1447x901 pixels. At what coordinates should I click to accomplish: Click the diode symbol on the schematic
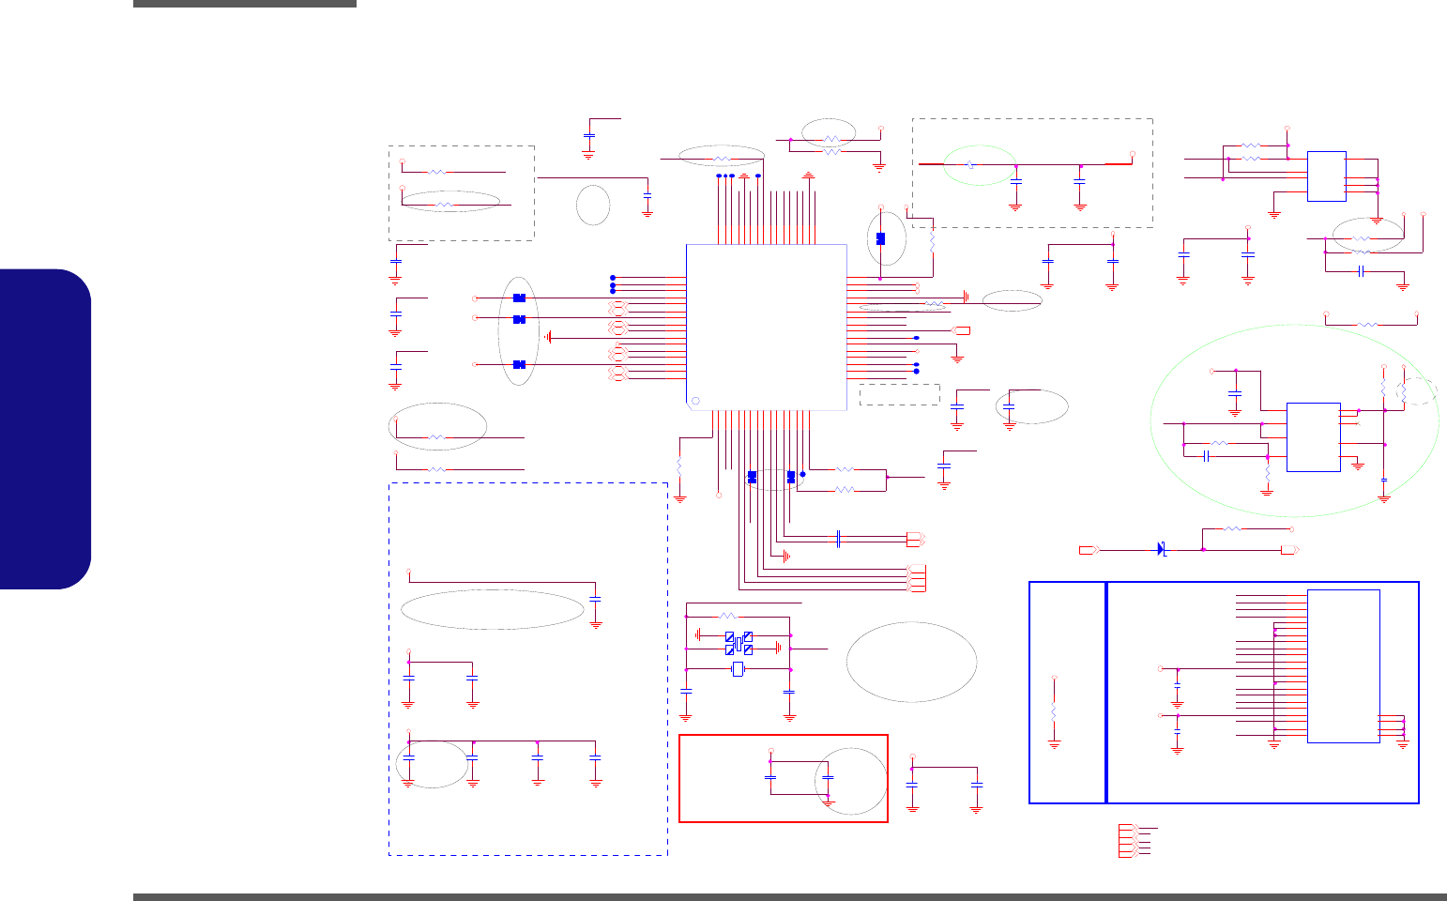click(x=1162, y=548)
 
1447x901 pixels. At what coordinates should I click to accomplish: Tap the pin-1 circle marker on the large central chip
click(x=695, y=402)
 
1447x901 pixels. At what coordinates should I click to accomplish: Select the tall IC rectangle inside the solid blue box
click(x=1343, y=665)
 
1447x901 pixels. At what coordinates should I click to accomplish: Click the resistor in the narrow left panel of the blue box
click(x=1055, y=712)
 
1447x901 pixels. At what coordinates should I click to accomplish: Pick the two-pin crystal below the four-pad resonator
click(x=738, y=669)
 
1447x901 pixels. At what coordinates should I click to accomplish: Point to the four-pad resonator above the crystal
click(x=739, y=644)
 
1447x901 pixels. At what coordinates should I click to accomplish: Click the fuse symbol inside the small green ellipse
click(x=970, y=164)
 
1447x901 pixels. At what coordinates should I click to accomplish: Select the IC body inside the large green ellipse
click(x=1313, y=436)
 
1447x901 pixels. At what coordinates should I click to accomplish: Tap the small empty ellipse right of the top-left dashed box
click(x=592, y=205)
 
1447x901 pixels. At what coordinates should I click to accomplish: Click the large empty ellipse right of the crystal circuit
click(x=911, y=661)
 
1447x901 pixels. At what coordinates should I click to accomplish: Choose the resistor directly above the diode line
click(x=1233, y=529)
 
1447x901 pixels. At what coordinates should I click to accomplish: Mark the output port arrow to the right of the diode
click(x=1290, y=549)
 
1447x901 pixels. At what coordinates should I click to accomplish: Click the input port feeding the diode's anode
click(x=1088, y=548)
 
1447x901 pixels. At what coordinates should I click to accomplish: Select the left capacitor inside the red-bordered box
click(x=770, y=777)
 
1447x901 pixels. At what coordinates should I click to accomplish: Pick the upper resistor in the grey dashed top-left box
click(x=437, y=172)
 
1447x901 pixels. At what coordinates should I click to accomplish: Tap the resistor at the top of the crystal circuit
click(x=728, y=616)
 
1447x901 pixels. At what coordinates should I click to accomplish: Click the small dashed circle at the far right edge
click(x=1418, y=390)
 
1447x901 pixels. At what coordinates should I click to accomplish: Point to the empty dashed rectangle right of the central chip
click(x=899, y=394)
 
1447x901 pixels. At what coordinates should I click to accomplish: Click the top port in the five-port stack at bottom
click(x=1126, y=828)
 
